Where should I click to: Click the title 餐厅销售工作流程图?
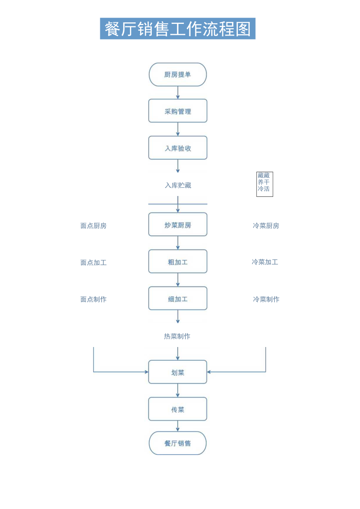tap(178, 29)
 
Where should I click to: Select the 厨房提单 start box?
tap(178, 74)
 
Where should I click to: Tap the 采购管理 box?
tap(178, 111)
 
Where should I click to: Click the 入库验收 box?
tap(178, 148)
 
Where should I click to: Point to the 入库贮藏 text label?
tap(178, 185)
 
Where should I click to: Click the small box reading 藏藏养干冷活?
tap(265, 184)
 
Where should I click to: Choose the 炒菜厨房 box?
tap(178, 225)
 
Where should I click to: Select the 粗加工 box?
tap(178, 262)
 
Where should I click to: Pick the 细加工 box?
tap(178, 299)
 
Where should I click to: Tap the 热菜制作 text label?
tap(177, 336)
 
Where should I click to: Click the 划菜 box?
tap(178, 372)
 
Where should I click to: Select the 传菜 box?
tap(178, 409)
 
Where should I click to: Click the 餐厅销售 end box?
tap(178, 443)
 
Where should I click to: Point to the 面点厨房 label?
tap(94, 226)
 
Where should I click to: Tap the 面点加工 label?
tap(94, 263)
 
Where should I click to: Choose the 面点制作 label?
tap(94, 299)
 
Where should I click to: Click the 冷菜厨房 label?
tap(266, 226)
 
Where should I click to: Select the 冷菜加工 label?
tap(265, 262)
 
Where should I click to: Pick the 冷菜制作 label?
tap(266, 299)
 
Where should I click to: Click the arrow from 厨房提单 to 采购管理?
tap(178, 93)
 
